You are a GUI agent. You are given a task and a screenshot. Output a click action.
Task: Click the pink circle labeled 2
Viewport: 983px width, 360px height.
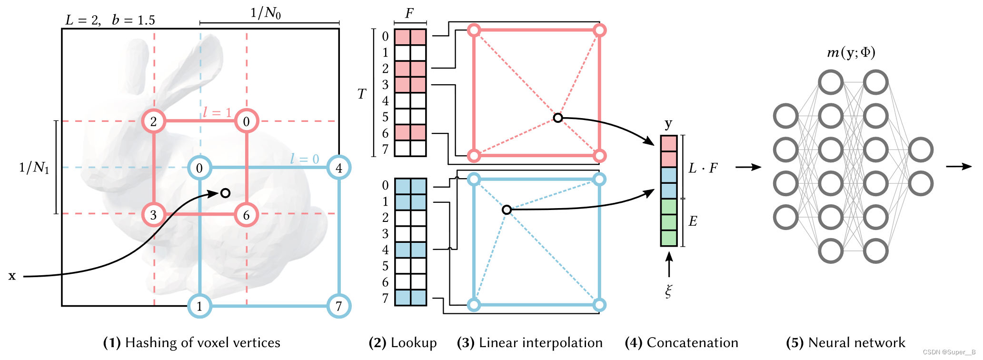click(x=153, y=121)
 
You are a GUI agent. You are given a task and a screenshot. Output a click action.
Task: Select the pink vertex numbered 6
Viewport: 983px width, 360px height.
click(x=246, y=215)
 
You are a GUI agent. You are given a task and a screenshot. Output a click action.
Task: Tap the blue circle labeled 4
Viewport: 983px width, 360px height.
click(x=338, y=168)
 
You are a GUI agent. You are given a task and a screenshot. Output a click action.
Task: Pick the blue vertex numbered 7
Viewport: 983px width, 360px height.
click(x=338, y=306)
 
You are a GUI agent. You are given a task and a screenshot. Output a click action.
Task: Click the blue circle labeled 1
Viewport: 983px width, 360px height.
click(x=199, y=306)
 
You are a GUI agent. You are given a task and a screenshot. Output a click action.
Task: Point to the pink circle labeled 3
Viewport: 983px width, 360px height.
click(x=153, y=215)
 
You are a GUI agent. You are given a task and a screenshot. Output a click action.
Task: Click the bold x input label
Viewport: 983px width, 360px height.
click(x=12, y=276)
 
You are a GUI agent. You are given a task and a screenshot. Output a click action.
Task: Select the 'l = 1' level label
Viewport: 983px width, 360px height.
click(x=217, y=112)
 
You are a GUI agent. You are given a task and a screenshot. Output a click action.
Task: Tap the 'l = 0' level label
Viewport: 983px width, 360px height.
click(x=304, y=159)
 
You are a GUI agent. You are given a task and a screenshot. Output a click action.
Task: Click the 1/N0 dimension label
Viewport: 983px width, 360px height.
click(x=266, y=13)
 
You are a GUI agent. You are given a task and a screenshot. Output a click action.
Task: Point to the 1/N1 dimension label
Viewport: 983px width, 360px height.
click(x=34, y=167)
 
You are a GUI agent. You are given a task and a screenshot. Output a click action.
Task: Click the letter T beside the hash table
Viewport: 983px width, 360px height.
click(x=362, y=94)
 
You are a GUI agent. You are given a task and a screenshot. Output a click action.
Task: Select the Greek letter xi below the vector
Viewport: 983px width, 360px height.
click(x=669, y=290)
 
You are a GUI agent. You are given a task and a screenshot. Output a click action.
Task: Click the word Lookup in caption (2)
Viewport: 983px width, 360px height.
click(x=413, y=342)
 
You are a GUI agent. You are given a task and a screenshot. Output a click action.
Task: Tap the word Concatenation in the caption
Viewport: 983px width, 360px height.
click(x=692, y=342)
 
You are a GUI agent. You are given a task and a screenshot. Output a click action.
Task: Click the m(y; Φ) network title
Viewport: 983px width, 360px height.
click(x=851, y=52)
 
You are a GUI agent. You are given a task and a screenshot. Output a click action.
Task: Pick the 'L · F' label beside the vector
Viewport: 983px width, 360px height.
click(x=703, y=168)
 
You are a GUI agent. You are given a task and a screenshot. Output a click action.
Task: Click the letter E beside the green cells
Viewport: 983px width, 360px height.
click(x=693, y=221)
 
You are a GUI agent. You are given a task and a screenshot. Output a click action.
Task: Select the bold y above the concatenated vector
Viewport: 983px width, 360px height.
click(x=668, y=124)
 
